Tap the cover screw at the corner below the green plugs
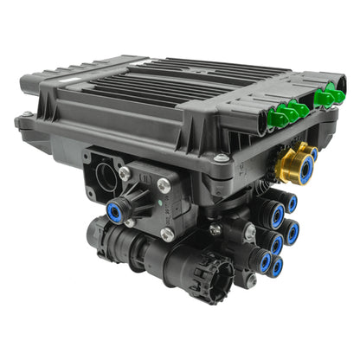223,158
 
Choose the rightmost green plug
337,94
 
